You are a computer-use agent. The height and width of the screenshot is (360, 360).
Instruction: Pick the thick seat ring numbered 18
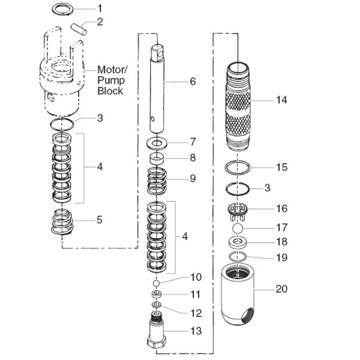[x=238, y=243]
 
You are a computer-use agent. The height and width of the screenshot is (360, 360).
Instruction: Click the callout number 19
[x=265, y=259]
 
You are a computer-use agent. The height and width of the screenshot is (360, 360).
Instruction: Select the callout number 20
[x=281, y=289]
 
